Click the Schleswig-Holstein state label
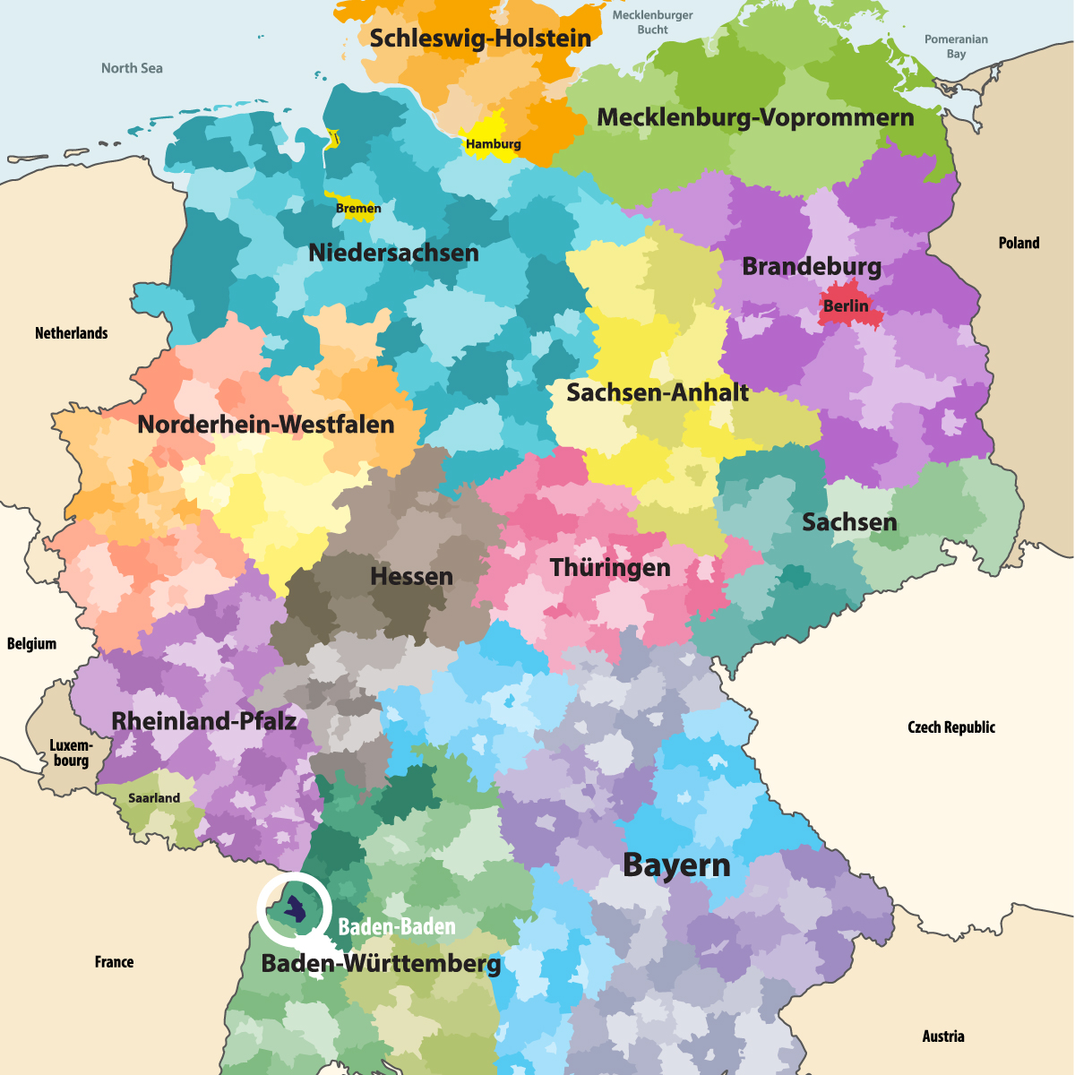(x=480, y=39)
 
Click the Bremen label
(x=358, y=209)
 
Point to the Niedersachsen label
(x=393, y=254)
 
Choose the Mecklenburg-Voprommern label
(x=755, y=118)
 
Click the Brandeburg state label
(x=812, y=267)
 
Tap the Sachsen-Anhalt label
(x=658, y=392)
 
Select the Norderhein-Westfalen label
(x=266, y=425)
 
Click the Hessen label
(x=411, y=576)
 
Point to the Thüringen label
(x=610, y=568)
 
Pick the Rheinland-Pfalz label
(x=203, y=721)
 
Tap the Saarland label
(x=154, y=798)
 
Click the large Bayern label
(x=676, y=865)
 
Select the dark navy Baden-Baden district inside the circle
(x=295, y=911)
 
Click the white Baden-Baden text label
(x=397, y=927)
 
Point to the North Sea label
(x=132, y=68)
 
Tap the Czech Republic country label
(x=950, y=727)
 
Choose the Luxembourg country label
(x=71, y=753)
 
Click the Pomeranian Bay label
(x=956, y=47)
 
